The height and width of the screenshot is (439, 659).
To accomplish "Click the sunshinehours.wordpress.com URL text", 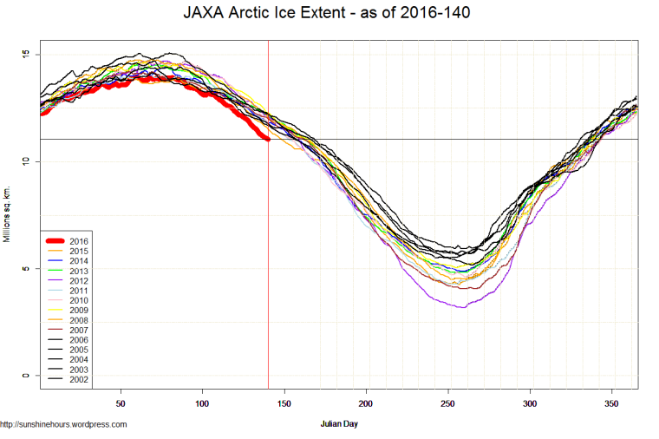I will click(x=64, y=424).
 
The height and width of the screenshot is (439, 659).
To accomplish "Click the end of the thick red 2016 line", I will click(x=268, y=139).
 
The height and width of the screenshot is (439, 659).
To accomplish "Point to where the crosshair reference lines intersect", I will click(x=268, y=139).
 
